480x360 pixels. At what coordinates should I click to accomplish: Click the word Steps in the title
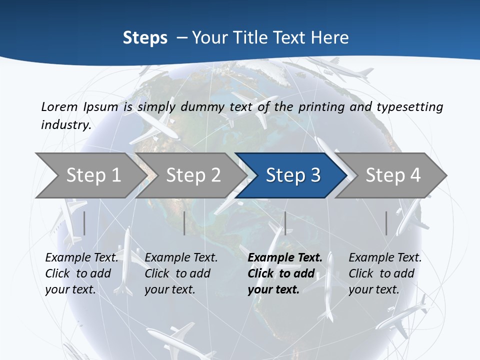point(145,38)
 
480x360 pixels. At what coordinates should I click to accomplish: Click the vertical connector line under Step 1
point(84,223)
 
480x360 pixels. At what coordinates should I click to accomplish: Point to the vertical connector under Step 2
point(184,223)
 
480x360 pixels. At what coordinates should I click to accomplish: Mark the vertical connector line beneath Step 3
point(285,223)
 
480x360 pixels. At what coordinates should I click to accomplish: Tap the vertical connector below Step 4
point(386,223)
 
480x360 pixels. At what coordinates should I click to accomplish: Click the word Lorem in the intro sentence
point(59,106)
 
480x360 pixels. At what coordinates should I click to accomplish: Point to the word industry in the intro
point(66,125)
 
